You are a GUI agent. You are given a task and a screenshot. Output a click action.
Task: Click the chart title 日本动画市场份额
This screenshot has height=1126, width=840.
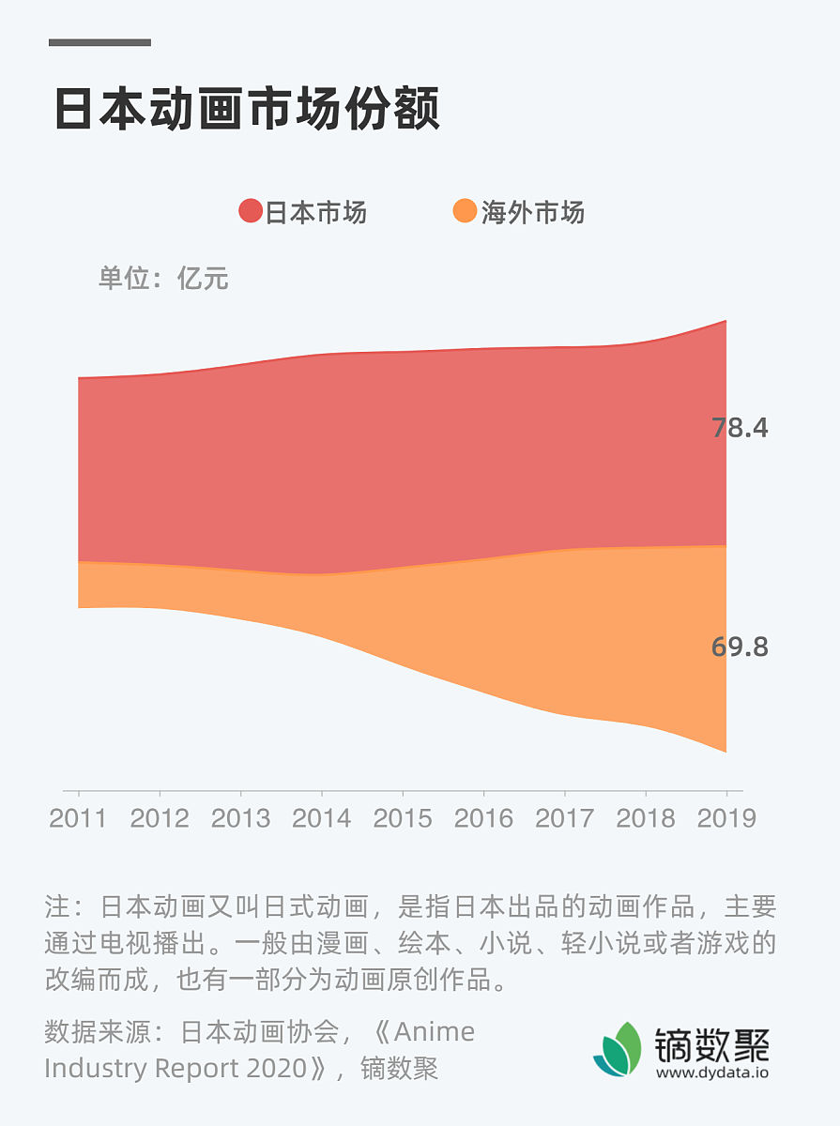tap(247, 111)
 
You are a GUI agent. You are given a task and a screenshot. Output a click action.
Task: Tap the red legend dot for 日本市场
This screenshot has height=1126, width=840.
tap(251, 212)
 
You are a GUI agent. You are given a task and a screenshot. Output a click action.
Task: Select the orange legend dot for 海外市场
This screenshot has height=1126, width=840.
tap(465, 212)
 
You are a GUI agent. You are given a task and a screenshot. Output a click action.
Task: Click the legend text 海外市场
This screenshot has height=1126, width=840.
tap(532, 213)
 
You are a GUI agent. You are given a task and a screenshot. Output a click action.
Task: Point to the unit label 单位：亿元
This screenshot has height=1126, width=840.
tap(163, 279)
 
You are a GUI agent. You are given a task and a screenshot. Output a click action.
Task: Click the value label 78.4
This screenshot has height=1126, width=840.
tap(740, 428)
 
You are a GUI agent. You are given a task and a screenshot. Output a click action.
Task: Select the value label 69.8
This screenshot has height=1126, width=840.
tap(740, 647)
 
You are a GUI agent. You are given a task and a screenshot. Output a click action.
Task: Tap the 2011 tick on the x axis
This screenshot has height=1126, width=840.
tap(78, 818)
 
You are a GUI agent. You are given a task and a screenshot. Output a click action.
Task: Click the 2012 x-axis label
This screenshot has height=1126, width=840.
tap(160, 818)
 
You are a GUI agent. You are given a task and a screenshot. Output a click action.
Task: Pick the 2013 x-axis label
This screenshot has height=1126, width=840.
tap(240, 818)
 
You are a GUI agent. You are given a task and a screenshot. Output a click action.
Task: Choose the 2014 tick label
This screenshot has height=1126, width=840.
tap(322, 818)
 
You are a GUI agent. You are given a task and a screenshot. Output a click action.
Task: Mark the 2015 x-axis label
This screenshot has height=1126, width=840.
tap(403, 818)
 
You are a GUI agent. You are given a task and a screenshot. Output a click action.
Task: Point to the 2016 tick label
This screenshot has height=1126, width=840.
tap(483, 818)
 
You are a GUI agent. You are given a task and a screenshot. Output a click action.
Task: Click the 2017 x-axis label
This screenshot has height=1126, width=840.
tap(565, 818)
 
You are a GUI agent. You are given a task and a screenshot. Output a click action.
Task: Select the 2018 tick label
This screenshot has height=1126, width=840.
tap(646, 818)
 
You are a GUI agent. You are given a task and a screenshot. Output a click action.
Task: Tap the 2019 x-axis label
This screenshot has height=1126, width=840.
tap(726, 818)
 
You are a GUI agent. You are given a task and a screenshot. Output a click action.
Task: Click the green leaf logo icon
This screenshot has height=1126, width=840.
tap(617, 1050)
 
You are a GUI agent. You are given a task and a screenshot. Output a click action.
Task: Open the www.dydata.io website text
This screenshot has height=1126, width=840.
tap(711, 1073)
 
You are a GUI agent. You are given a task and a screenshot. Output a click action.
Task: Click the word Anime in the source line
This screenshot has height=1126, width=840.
tap(435, 1032)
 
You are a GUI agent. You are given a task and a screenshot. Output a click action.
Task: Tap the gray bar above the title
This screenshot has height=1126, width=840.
tap(99, 42)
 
